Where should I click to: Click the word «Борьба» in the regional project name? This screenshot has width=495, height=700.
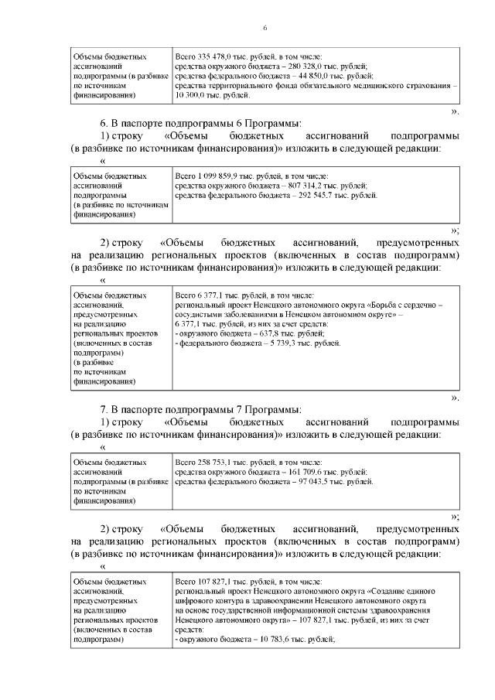tap(383, 306)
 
